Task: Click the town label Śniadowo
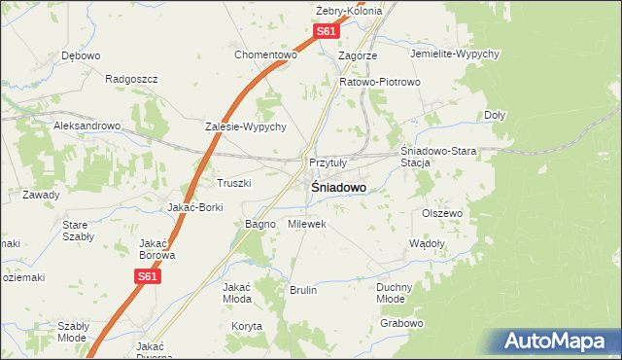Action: (338, 187)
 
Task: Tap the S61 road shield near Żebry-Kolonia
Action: (327, 32)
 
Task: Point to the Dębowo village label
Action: (81, 55)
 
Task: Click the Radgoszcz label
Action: (130, 79)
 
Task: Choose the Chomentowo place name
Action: (264, 54)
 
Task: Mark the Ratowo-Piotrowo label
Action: (379, 82)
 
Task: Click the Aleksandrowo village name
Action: (86, 126)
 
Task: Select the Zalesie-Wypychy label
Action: (245, 126)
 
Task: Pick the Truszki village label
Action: (234, 183)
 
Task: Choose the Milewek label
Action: (307, 224)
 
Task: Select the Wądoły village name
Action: (428, 243)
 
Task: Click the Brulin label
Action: (303, 290)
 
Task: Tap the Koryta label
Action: (247, 327)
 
